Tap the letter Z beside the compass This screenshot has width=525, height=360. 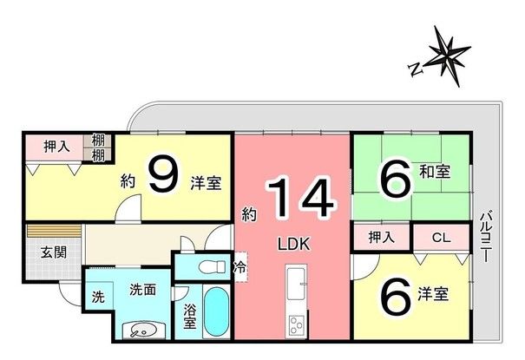(x=416, y=66)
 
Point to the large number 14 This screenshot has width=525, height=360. (x=299, y=199)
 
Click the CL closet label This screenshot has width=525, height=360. (x=440, y=236)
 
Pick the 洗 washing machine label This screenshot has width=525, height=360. (x=98, y=296)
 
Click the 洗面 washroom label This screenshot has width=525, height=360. (x=143, y=289)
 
